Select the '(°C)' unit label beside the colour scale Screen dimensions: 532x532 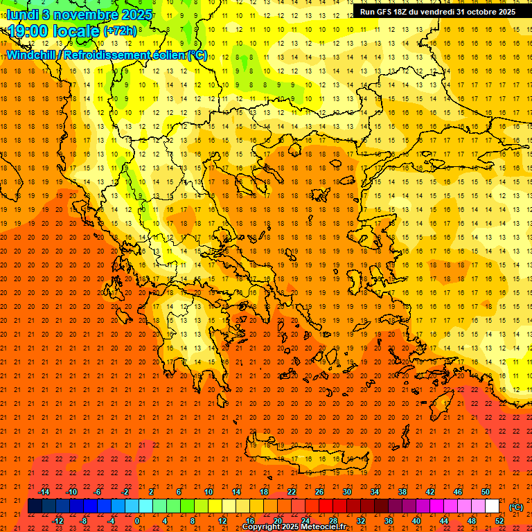(515, 507)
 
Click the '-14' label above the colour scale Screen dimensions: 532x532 (44, 492)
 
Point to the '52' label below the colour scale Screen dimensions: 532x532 (499, 521)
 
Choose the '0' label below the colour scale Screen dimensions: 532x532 (137, 521)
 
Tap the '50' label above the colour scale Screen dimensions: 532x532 (485, 492)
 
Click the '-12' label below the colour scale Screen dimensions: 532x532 (57, 521)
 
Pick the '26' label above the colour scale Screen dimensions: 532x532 (319, 492)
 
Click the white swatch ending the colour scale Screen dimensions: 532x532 (492, 506)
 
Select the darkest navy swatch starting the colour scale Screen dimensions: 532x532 (35, 506)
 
